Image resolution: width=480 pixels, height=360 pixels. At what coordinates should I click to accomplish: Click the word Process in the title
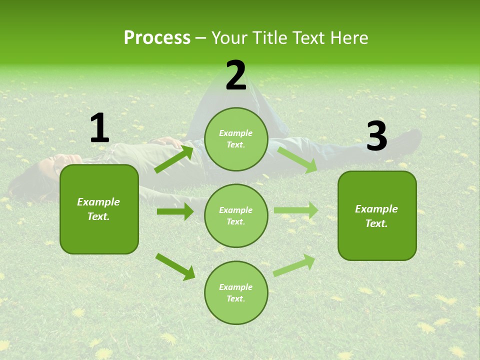pyautogui.click(x=157, y=38)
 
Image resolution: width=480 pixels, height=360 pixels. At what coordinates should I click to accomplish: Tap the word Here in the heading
pyautogui.click(x=349, y=38)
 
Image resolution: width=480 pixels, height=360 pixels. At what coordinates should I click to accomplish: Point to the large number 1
pyautogui.click(x=100, y=127)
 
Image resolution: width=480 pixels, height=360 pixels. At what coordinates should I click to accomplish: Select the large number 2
pyautogui.click(x=235, y=75)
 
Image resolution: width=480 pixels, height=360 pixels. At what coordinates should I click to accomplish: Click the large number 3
pyautogui.click(x=377, y=135)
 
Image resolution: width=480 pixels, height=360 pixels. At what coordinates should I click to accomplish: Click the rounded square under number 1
pyautogui.click(x=99, y=209)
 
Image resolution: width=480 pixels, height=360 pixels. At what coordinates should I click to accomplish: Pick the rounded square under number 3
pyautogui.click(x=377, y=216)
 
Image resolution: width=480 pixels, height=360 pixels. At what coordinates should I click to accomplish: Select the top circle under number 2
pyautogui.click(x=236, y=139)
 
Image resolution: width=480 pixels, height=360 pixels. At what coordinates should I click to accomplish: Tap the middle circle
pyautogui.click(x=236, y=216)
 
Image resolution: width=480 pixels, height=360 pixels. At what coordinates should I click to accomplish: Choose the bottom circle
pyautogui.click(x=236, y=292)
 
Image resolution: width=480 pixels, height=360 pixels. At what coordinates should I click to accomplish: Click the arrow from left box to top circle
pyautogui.click(x=174, y=159)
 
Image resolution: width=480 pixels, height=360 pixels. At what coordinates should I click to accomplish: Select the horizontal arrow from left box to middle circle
pyautogui.click(x=175, y=211)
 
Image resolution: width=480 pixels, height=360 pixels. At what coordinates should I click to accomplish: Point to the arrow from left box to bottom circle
pyautogui.click(x=175, y=267)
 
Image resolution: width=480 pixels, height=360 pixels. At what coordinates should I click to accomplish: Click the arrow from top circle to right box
pyautogui.click(x=297, y=160)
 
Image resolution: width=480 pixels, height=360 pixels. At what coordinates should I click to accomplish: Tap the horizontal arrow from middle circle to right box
pyautogui.click(x=296, y=210)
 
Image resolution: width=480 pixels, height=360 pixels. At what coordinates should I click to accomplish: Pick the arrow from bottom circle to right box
pyautogui.click(x=294, y=265)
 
